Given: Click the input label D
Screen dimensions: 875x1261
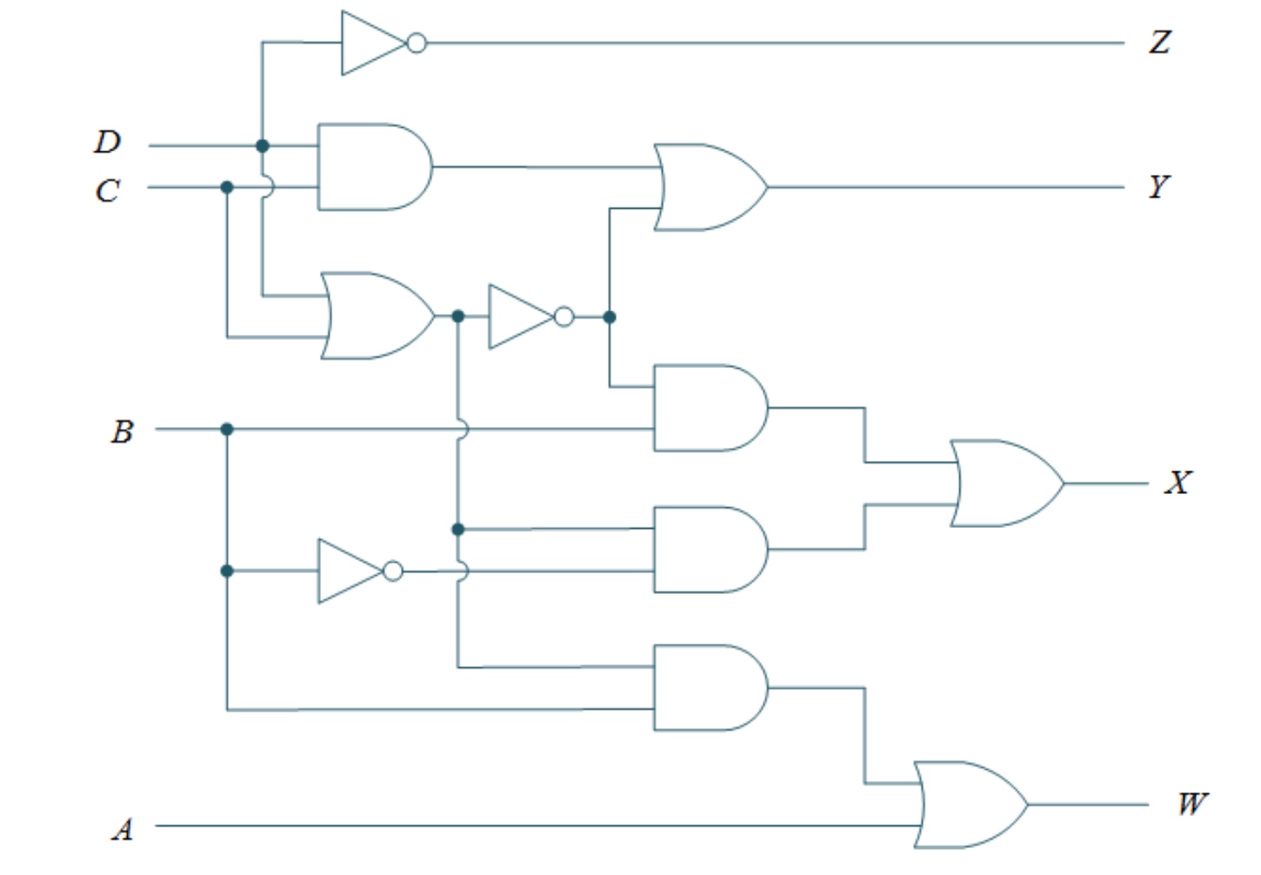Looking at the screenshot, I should (x=108, y=142).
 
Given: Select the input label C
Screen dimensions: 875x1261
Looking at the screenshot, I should (x=107, y=190).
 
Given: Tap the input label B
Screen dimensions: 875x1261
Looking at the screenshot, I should (x=122, y=431).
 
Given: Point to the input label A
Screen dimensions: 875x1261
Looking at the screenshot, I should (x=123, y=830).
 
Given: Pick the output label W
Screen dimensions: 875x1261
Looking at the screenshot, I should (x=1191, y=804).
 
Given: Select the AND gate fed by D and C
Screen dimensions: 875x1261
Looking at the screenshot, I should (x=373, y=166).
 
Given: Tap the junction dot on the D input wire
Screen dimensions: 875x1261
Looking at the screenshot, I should (x=263, y=146).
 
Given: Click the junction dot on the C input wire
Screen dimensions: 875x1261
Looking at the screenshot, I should (x=227, y=187).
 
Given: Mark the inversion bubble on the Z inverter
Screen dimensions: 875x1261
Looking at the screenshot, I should (x=417, y=43).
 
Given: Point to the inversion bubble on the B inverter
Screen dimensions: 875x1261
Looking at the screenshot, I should (x=393, y=571).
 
